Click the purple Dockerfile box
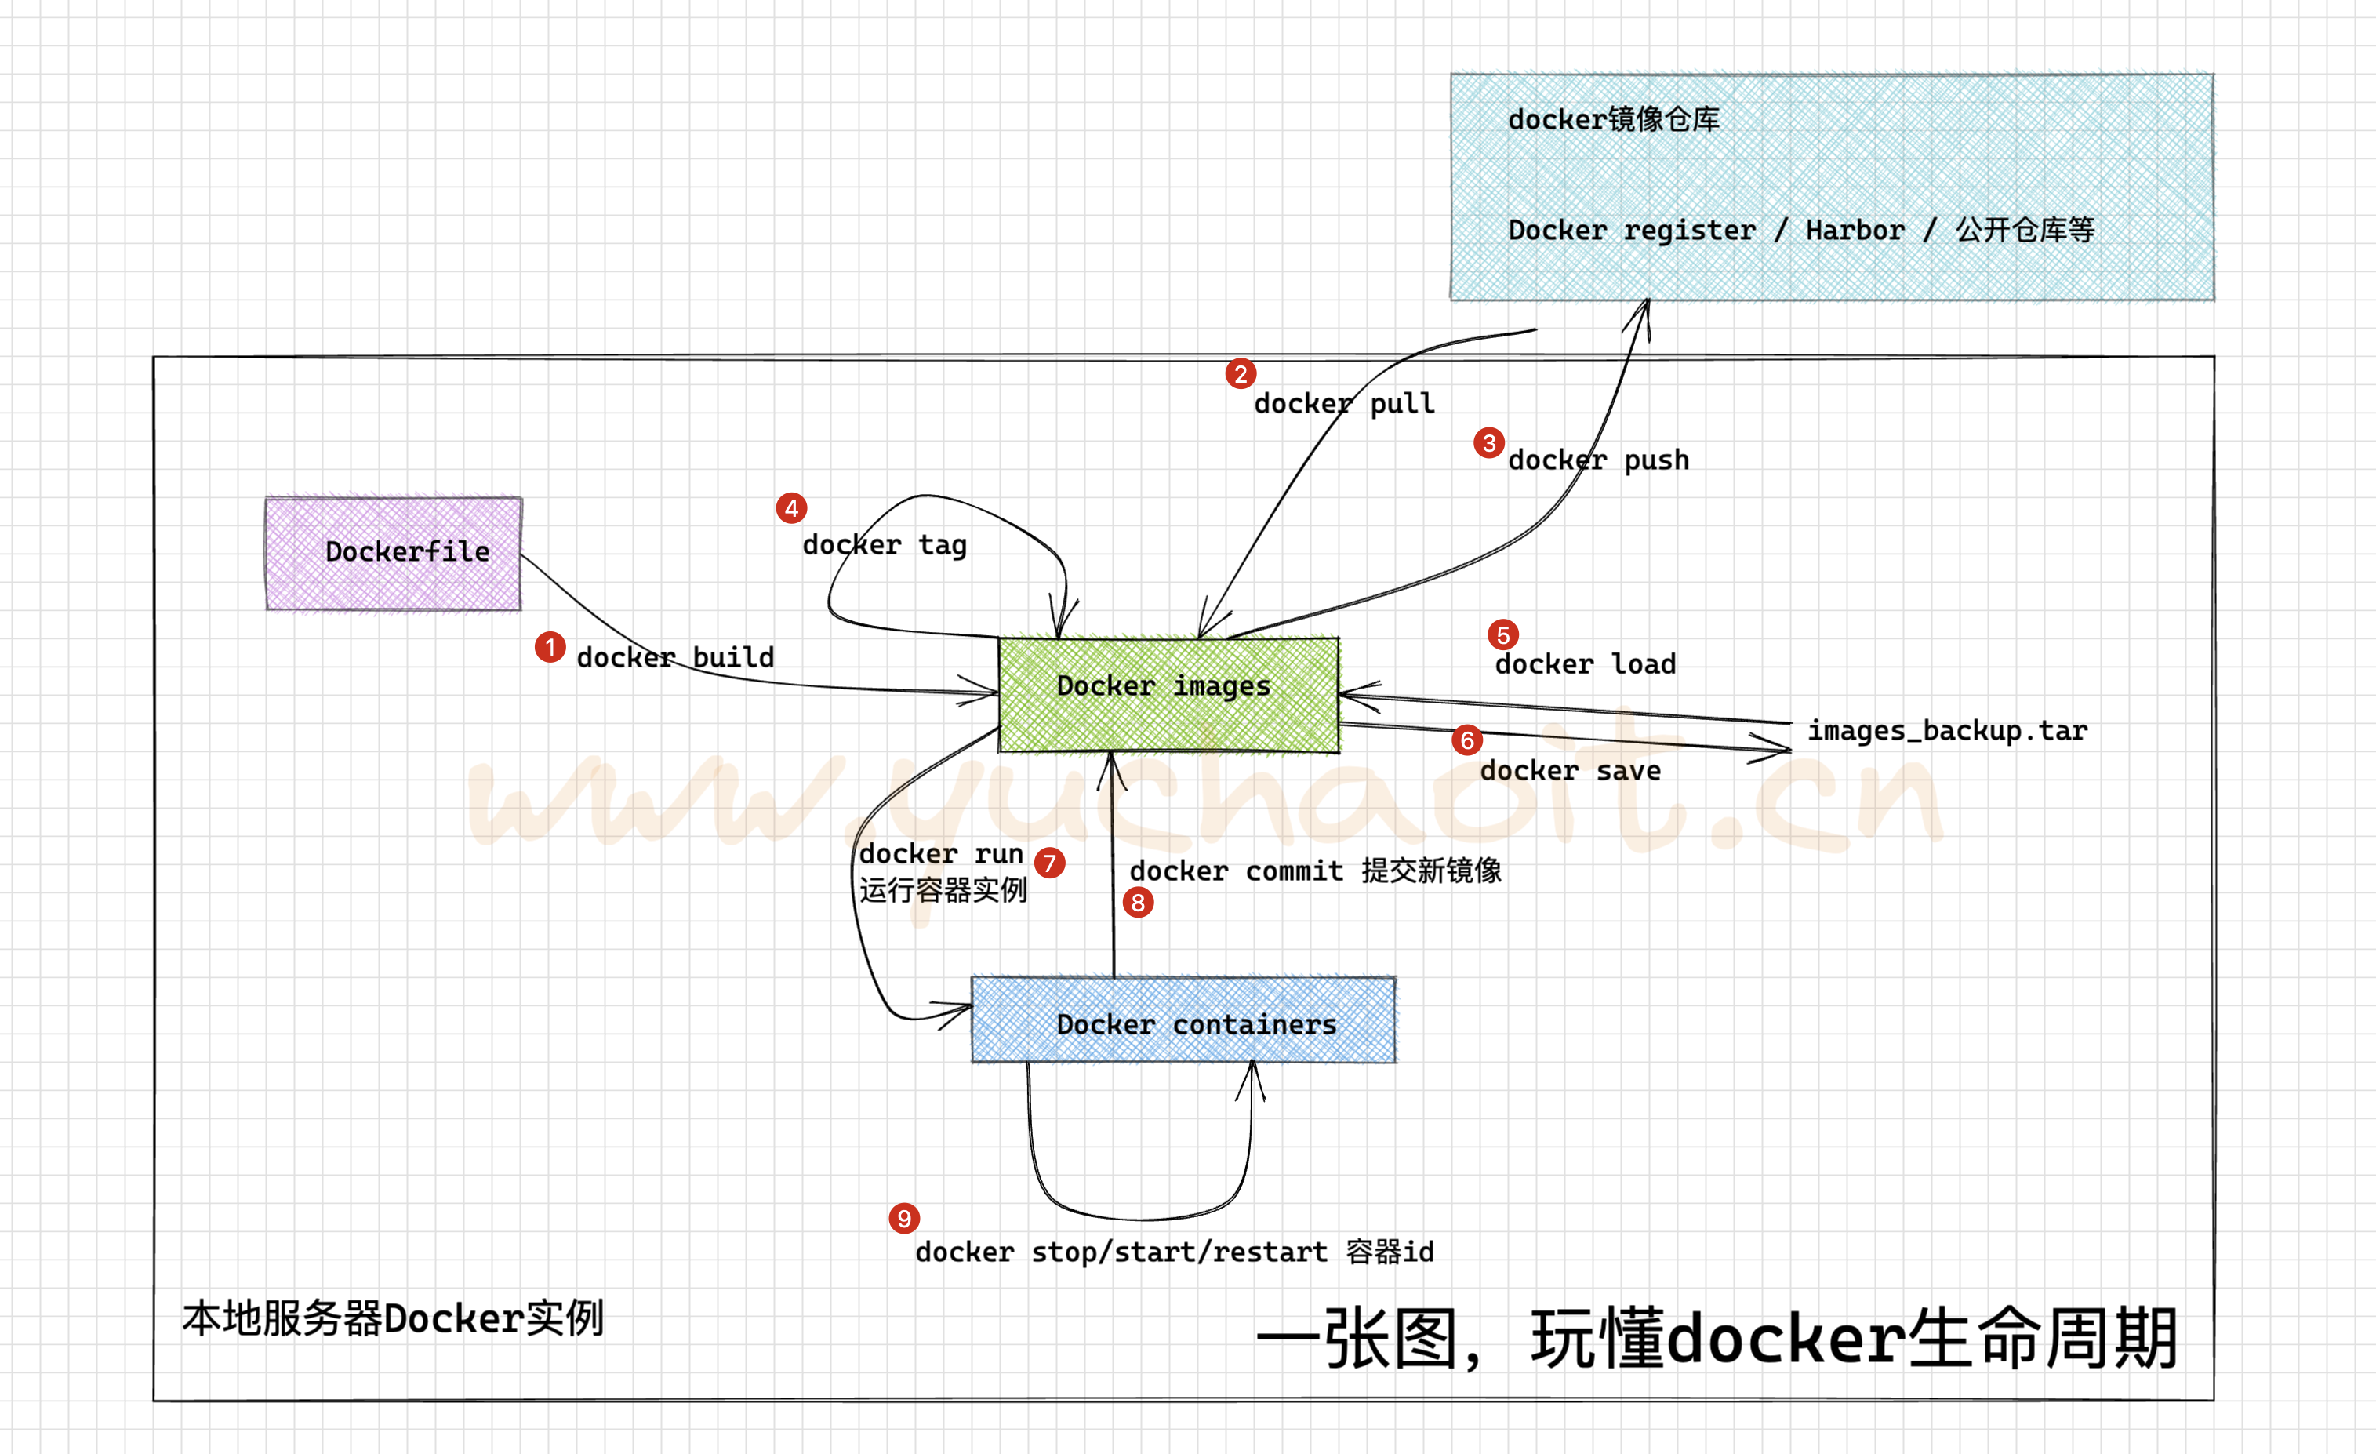click(394, 554)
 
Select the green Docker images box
click(1168, 694)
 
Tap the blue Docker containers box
click(1183, 1020)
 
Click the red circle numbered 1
click(550, 647)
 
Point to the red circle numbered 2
click(1240, 373)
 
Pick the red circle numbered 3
click(1489, 442)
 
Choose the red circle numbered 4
click(790, 508)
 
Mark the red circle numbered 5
click(1502, 634)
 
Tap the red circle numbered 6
click(1466, 740)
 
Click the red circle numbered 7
click(1049, 863)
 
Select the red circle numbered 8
click(1138, 903)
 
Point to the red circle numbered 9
click(903, 1218)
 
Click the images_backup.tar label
click(1947, 731)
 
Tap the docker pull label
click(1344, 403)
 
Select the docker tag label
click(885, 545)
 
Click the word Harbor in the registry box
click(1855, 231)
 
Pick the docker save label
click(1570, 770)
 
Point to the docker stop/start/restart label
click(1174, 1252)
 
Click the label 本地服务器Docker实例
click(392, 1318)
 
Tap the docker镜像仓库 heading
click(1613, 119)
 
